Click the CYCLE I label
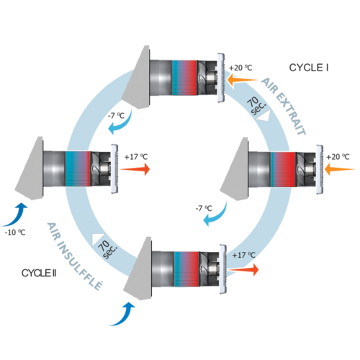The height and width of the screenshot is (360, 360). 309,68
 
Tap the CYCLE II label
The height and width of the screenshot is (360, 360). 39,273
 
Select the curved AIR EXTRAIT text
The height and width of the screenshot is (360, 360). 284,107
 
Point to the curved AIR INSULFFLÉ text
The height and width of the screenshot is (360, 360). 75,256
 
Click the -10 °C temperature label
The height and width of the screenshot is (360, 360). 15,233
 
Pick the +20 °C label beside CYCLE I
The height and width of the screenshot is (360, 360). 240,68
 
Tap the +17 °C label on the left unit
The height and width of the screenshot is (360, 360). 136,157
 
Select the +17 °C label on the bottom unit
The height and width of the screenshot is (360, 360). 243,255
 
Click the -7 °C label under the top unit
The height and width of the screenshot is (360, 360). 116,116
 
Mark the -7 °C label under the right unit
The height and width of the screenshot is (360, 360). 204,208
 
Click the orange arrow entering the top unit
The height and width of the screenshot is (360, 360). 242,80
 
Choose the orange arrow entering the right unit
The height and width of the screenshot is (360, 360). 339,169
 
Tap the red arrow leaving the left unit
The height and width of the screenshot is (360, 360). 135,169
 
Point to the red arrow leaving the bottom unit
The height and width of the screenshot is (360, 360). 243,269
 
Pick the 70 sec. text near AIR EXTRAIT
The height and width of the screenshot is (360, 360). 256,106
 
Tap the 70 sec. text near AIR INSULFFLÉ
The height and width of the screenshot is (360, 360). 107,250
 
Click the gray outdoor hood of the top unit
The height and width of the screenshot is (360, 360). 135,77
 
